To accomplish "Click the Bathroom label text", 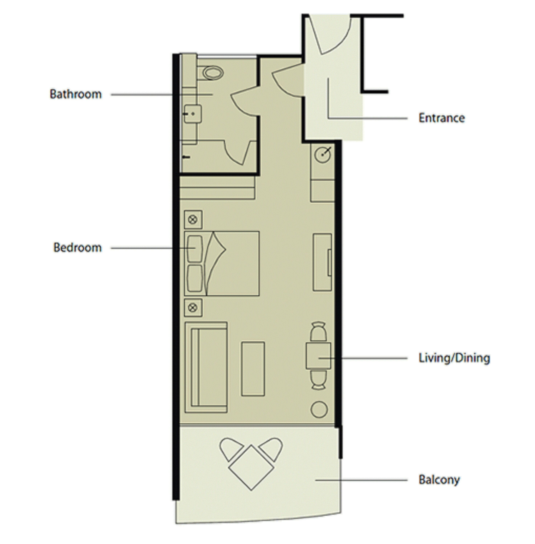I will pos(76,94).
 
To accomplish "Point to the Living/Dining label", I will pos(454,358).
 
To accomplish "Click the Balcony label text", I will pos(439,480).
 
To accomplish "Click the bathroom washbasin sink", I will pos(193,114).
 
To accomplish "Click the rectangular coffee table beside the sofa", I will pos(253,369).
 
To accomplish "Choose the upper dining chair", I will pos(318,332).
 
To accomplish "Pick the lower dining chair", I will pos(318,379).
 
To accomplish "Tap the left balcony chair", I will pos(230,449).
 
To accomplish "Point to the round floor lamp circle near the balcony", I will pos(319,409).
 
